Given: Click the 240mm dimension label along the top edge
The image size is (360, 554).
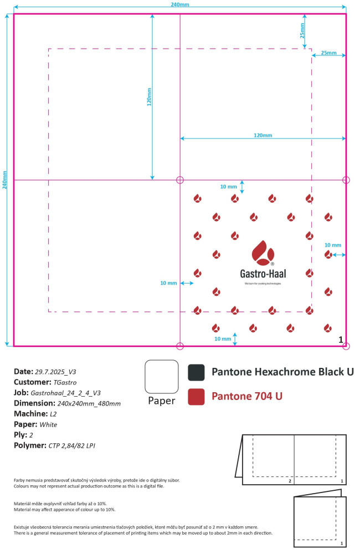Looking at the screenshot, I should click(179, 4).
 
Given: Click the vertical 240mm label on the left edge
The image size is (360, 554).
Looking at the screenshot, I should click(5, 179).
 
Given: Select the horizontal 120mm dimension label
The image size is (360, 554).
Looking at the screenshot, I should click(263, 135).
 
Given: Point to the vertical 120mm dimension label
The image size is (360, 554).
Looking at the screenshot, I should click(149, 96).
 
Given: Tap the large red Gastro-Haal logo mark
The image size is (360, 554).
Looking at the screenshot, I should click(263, 253).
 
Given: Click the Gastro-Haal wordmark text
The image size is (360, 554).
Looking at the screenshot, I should click(263, 273).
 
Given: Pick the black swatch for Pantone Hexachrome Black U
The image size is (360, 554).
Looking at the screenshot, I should click(196, 372).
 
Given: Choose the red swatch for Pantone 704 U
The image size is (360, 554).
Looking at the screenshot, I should click(196, 397).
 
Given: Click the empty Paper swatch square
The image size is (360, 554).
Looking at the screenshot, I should click(161, 377).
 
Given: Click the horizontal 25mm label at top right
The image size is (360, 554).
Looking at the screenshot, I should click(328, 53).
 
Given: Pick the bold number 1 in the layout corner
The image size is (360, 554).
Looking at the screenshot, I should click(341, 339).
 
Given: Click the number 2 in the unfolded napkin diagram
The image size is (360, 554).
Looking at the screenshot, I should click(290, 481).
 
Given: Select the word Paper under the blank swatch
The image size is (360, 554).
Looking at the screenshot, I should click(161, 401).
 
